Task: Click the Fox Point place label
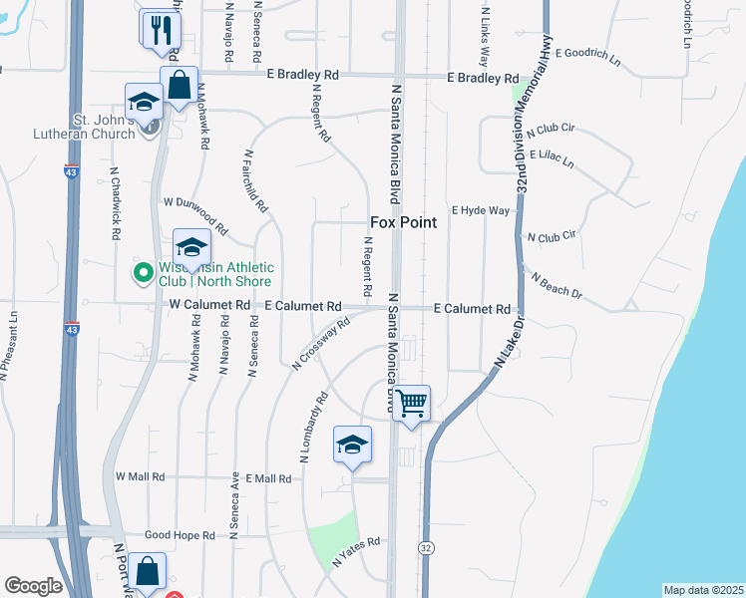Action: coord(403,222)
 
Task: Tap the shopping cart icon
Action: coord(411,404)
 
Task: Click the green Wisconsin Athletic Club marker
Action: coord(143,270)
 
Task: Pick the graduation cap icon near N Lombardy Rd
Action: coord(352,446)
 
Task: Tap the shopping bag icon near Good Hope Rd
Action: coord(147,572)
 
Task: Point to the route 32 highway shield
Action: coord(426,548)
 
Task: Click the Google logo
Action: coord(33,586)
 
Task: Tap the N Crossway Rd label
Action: coord(321,344)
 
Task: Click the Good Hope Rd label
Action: coord(181,535)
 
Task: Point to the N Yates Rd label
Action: coord(357,551)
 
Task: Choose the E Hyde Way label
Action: coord(481,211)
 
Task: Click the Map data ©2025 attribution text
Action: coord(702,590)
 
